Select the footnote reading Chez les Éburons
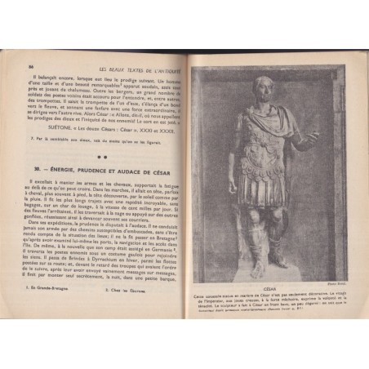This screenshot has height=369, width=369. pos(125,311)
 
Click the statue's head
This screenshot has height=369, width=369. pos(263,87)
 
